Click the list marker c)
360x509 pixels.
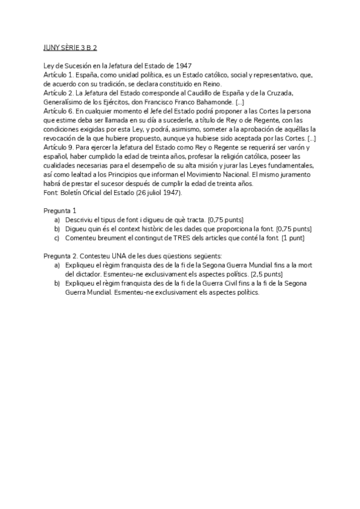point(57,238)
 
